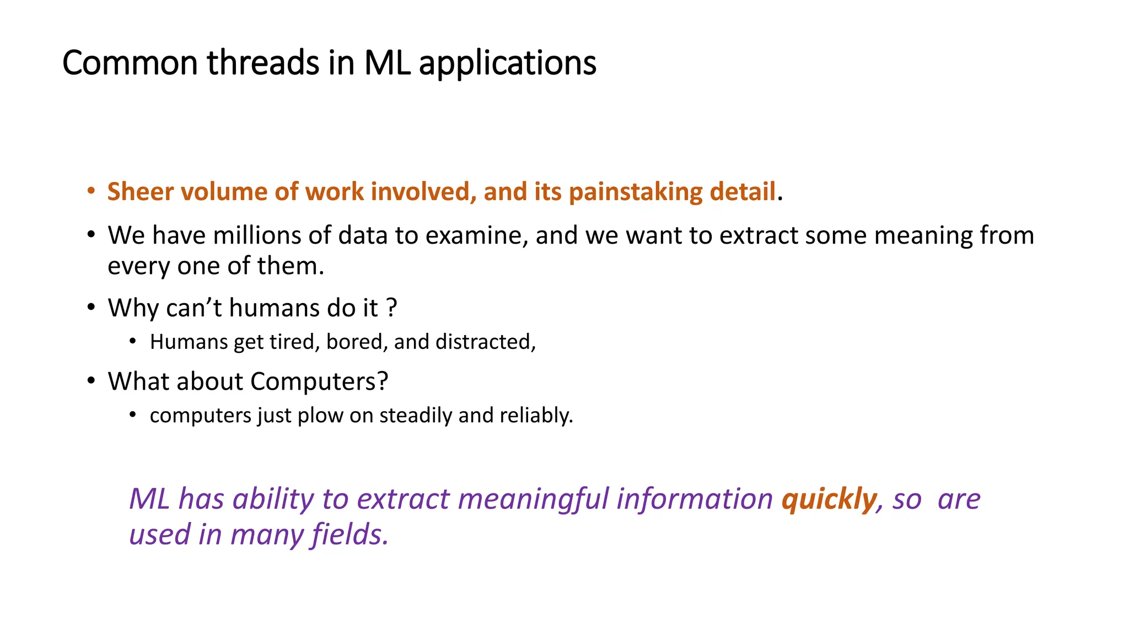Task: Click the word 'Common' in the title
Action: point(130,63)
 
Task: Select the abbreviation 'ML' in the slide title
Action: point(387,63)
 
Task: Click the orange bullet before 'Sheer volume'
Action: point(92,191)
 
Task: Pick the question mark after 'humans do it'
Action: point(392,308)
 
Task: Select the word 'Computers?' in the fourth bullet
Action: point(319,381)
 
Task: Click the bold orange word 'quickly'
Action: point(829,499)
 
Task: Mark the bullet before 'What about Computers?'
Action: point(92,381)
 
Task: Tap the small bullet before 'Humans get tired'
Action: point(133,341)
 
